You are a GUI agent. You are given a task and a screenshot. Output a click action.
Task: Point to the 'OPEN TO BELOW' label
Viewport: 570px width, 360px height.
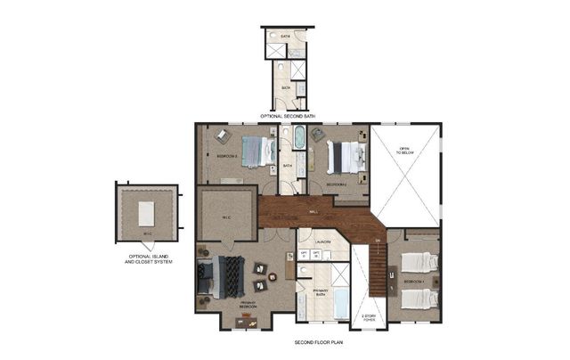coord(404,151)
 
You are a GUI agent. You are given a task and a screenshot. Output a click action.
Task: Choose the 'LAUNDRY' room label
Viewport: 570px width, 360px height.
coord(323,241)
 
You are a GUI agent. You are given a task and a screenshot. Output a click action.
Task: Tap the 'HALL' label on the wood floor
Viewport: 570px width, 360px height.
coord(313,212)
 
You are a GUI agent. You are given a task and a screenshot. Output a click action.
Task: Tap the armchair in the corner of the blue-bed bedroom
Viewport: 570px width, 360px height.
coord(222,135)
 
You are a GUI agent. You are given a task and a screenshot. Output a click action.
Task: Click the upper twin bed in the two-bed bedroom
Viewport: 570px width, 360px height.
coord(419,262)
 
